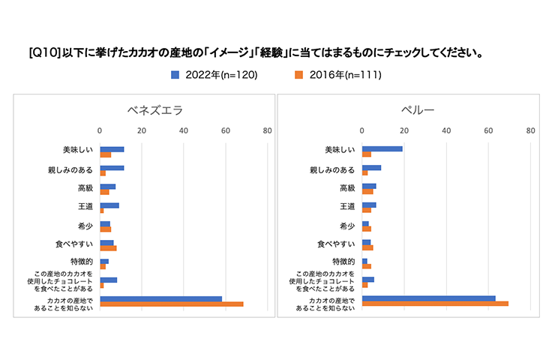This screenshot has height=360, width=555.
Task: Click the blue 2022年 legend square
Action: [x=175, y=74]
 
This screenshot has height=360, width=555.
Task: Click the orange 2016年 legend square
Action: [x=297, y=74]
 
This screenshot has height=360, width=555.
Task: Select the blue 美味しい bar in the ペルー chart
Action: [x=382, y=148]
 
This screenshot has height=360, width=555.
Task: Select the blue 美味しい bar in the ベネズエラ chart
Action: [x=112, y=149]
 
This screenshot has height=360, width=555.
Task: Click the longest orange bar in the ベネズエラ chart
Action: [x=172, y=304]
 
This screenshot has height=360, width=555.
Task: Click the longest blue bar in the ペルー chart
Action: [x=429, y=298]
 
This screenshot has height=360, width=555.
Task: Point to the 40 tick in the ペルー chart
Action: [x=446, y=130]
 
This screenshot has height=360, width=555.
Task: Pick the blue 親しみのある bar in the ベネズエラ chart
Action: [x=112, y=168]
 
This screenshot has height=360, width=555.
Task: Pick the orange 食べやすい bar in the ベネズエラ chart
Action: [x=108, y=248]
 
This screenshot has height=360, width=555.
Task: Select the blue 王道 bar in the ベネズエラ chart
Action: [x=109, y=205]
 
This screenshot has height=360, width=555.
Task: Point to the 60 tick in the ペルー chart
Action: [x=488, y=130]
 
